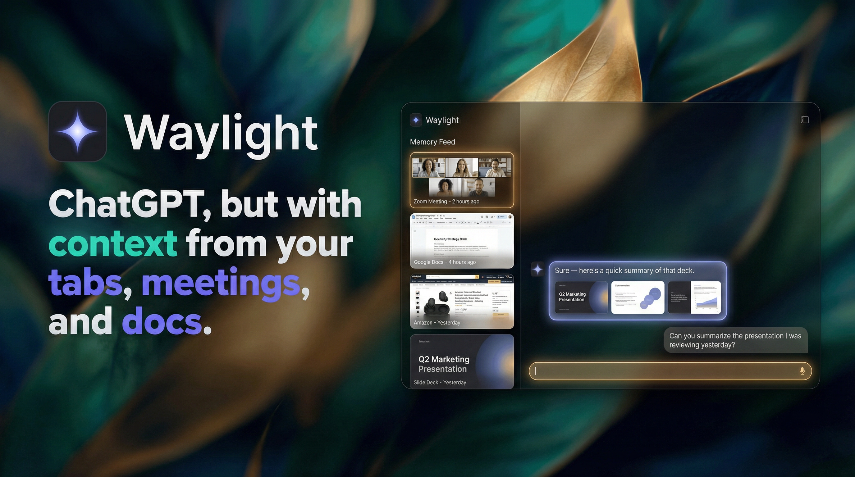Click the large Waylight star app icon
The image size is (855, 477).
pos(78,132)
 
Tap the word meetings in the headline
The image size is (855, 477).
pos(222,283)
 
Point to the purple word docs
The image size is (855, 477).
pos(162,321)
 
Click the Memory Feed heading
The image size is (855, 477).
pos(432,142)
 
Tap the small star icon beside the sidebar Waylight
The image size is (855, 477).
pos(416,120)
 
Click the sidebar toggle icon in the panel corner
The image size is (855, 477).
pos(805,120)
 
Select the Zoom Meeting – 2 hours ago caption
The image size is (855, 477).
pos(446,201)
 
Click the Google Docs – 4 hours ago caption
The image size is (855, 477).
pos(444,262)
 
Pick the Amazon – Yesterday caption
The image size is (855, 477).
pos(437,322)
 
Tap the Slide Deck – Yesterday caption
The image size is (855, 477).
pos(440,383)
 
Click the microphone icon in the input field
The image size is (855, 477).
pos(802,371)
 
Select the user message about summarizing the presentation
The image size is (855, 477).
pos(735,340)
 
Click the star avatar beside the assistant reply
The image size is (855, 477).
pos(537,269)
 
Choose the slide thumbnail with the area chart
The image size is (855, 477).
pos(694,297)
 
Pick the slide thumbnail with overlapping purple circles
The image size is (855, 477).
pos(638,297)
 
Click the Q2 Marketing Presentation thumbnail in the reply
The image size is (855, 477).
pos(581,297)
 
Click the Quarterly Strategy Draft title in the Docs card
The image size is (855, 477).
pos(450,239)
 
